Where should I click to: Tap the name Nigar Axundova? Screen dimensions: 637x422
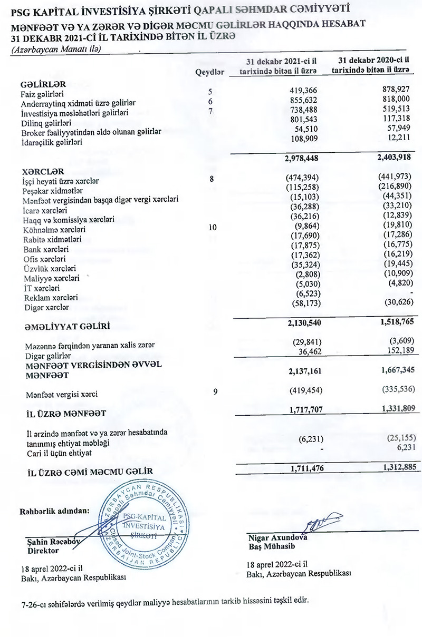tap(277, 538)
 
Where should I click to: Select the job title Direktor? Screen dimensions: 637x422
tap(43, 551)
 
